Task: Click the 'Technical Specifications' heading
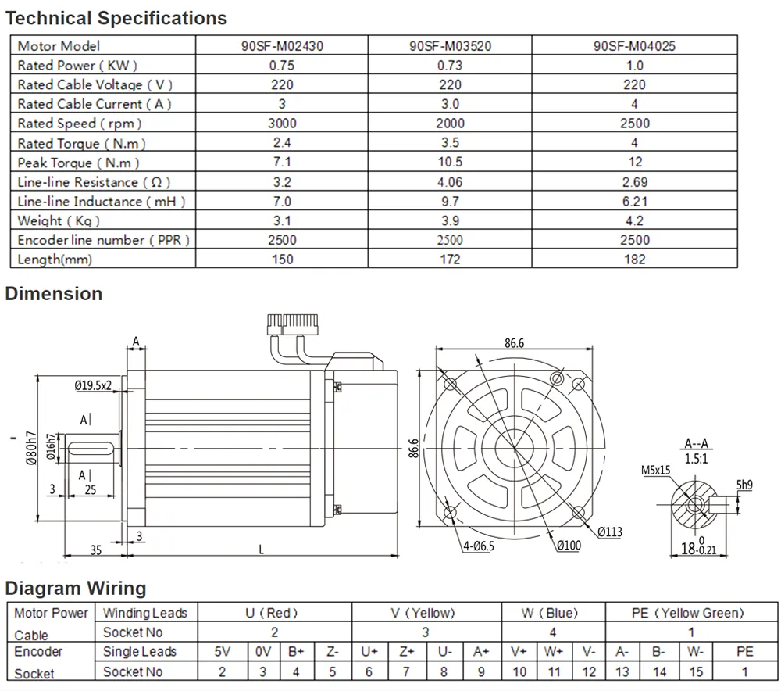point(116,18)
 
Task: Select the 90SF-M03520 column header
point(450,46)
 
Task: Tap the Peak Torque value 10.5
point(450,162)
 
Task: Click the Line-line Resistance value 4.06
point(450,181)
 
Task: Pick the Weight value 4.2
point(634,220)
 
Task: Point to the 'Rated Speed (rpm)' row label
point(80,124)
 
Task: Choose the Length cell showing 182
point(634,259)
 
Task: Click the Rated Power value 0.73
point(450,66)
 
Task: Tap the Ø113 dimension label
point(610,532)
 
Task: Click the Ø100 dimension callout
point(568,546)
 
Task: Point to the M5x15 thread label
point(656,470)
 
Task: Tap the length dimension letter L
point(261,550)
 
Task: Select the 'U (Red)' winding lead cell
point(272,614)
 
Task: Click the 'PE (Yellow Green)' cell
point(687,614)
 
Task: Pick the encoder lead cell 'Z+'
point(407,651)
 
